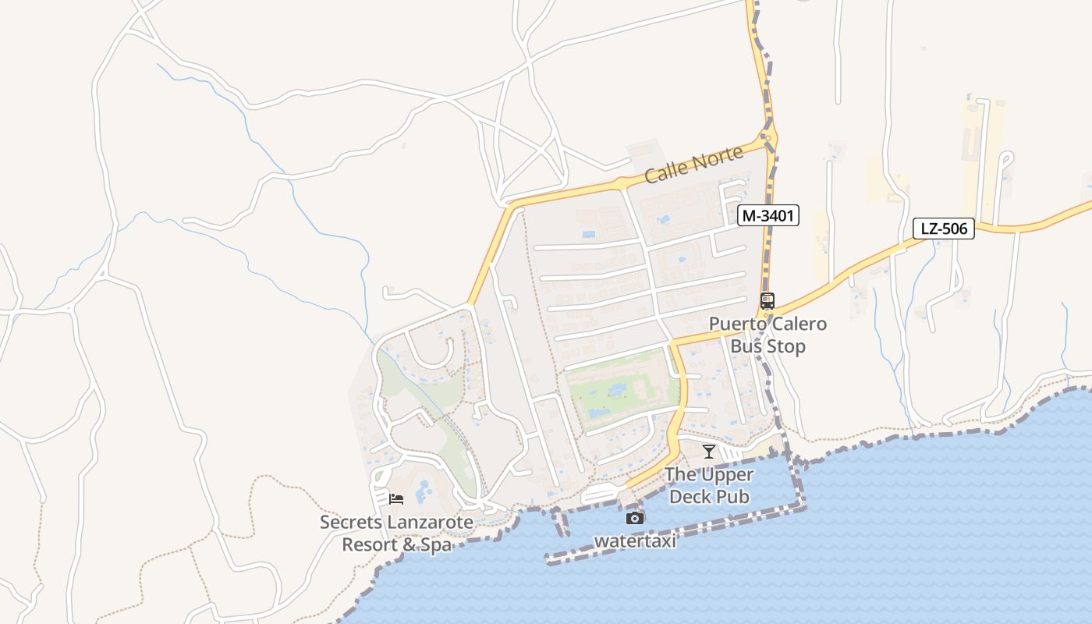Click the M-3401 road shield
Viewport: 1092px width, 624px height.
pyautogui.click(x=768, y=215)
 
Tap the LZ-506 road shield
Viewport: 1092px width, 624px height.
pyautogui.click(x=944, y=229)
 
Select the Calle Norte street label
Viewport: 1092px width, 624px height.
pyautogui.click(x=694, y=165)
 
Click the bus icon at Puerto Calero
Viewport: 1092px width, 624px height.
pyautogui.click(x=768, y=300)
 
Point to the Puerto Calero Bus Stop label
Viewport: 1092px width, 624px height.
pyautogui.click(x=768, y=335)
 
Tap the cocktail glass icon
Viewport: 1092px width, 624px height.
pyautogui.click(x=708, y=452)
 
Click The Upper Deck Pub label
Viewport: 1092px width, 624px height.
pyautogui.click(x=709, y=485)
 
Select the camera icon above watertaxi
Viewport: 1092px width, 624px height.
pyautogui.click(x=635, y=518)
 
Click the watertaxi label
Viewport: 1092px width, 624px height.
pyautogui.click(x=635, y=541)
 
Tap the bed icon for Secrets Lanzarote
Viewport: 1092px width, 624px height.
pyautogui.click(x=396, y=499)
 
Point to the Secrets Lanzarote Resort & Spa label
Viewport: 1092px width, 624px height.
pyautogui.click(x=396, y=533)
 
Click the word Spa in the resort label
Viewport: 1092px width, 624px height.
pyautogui.click(x=436, y=544)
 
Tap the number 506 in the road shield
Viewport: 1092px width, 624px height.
pyautogui.click(x=953, y=229)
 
